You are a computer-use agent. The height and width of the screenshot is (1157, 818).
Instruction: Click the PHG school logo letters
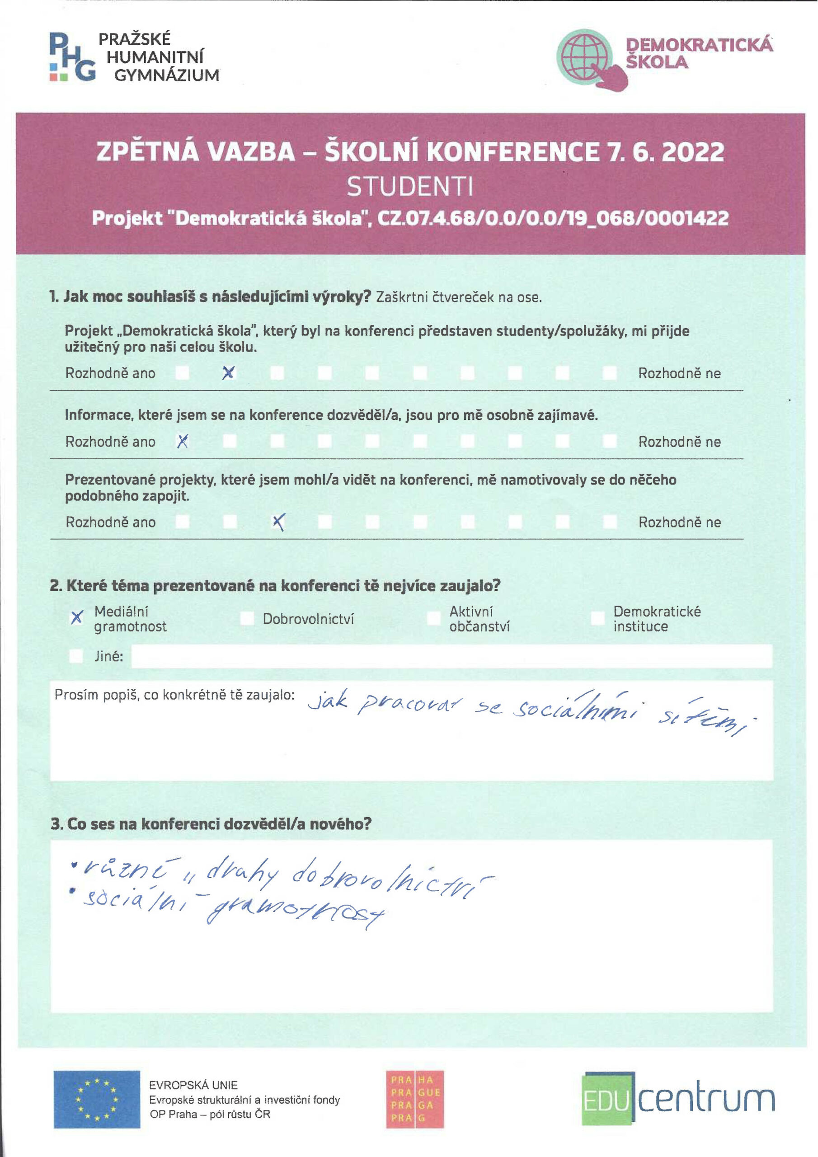click(x=72, y=56)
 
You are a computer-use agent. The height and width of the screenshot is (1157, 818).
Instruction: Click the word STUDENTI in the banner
click(x=410, y=187)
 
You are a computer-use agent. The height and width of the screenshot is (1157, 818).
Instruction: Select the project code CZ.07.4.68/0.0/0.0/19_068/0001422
click(x=553, y=218)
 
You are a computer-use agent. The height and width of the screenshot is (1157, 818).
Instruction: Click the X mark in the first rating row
click(x=228, y=373)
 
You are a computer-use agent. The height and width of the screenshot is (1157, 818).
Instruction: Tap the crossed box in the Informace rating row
click(x=183, y=442)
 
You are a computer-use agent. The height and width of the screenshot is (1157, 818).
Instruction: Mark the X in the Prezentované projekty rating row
click(x=278, y=522)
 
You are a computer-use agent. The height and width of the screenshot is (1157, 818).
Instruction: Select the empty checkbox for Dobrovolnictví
click(x=247, y=618)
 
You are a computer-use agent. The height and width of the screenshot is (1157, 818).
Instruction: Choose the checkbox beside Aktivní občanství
click(x=433, y=618)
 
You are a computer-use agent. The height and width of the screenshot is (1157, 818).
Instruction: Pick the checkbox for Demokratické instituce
click(x=598, y=618)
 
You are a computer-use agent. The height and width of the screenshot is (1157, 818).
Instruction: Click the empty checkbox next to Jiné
click(x=76, y=656)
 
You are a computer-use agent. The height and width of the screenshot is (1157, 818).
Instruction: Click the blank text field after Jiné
click(x=451, y=656)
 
